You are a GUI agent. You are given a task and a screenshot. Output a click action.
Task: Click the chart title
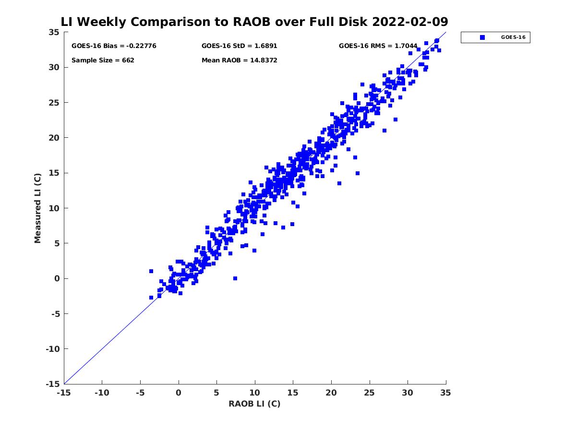[x=254, y=22]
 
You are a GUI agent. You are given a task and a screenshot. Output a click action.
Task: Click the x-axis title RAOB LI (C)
[x=254, y=404]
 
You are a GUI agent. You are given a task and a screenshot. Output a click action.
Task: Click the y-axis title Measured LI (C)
[x=38, y=208]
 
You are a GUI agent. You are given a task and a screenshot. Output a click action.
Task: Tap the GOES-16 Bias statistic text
[x=114, y=46]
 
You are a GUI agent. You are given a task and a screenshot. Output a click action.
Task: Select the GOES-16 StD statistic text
[x=239, y=46]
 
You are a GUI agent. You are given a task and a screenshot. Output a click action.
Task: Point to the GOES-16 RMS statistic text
[x=378, y=46]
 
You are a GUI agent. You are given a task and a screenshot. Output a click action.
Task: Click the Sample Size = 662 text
[x=103, y=60]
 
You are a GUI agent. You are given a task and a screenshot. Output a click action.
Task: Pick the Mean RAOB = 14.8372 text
[x=239, y=60]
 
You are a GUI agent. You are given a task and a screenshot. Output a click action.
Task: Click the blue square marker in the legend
[x=482, y=37]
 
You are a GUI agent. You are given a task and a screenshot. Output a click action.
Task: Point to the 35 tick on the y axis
[x=54, y=32]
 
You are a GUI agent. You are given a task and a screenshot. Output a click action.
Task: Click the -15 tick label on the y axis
[x=52, y=384]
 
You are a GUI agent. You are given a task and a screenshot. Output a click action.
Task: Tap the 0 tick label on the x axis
[x=179, y=393]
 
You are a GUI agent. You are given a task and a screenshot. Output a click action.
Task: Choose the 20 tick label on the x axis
[x=331, y=393]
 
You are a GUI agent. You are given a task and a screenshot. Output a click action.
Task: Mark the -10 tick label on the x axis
[x=102, y=393]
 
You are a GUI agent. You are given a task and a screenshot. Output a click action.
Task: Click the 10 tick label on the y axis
[x=54, y=208]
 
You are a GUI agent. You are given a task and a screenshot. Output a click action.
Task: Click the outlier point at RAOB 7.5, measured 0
[x=235, y=278]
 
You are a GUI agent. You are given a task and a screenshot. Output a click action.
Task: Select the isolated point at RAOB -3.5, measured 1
[x=151, y=271]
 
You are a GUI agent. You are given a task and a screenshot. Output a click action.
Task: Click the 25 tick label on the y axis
[x=54, y=103]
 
